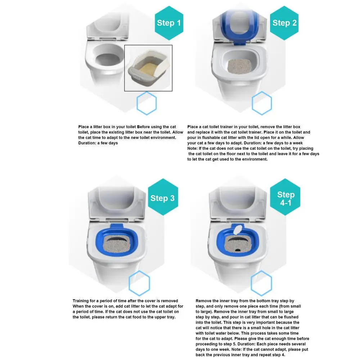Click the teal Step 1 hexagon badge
pos(169,23)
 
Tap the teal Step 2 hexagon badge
pos(284,23)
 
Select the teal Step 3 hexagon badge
pos(163,197)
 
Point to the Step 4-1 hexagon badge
pos(285,197)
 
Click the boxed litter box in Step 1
pos(148,68)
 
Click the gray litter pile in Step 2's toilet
pos(239,66)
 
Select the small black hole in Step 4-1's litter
pos(238,250)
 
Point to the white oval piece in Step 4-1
pos(238,230)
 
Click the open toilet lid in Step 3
pos(117,203)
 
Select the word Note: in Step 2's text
pos(192,148)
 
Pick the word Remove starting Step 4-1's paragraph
pos(203,301)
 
